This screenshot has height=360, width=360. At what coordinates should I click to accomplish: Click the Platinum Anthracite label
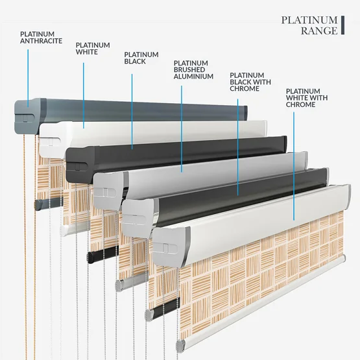coord(41,38)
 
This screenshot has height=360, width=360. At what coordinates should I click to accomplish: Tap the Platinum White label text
coord(93,49)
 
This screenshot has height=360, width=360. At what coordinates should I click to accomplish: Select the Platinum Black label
coord(141,58)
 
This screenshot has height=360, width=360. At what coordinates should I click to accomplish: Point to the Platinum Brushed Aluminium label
coord(193,70)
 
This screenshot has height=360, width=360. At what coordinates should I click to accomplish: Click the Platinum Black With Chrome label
coord(250,82)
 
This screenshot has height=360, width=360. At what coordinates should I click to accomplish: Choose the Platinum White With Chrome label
coord(307,98)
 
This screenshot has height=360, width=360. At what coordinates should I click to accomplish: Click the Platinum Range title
coord(309,25)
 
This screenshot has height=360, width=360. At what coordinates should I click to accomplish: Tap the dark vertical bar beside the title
coord(342,25)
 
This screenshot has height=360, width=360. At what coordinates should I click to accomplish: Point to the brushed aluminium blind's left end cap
coord(110,191)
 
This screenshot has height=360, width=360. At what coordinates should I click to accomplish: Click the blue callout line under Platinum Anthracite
coord(28,78)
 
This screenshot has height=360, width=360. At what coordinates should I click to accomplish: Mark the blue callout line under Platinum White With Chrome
coord(294,166)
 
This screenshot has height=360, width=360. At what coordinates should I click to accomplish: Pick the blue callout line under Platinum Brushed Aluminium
coord(182,129)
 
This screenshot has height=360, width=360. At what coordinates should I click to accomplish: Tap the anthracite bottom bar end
coord(38,204)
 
